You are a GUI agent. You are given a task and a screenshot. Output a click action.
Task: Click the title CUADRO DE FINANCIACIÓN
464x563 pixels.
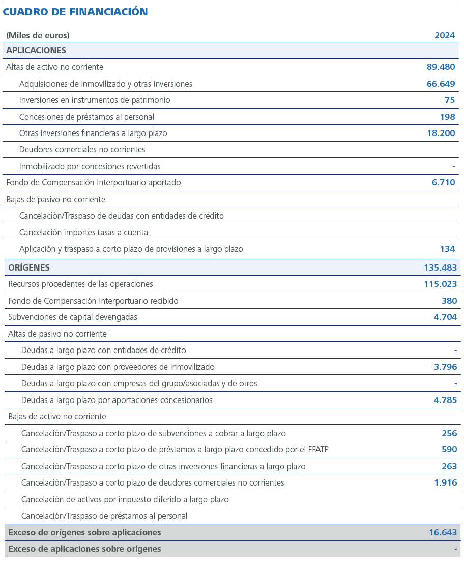(x=75, y=12)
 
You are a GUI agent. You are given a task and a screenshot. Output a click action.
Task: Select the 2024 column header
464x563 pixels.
(x=445, y=35)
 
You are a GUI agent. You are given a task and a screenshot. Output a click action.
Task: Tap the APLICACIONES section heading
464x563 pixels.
(x=36, y=50)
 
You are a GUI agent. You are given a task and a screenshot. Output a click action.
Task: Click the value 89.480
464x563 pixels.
(x=441, y=67)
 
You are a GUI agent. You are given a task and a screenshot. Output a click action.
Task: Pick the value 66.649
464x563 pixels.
(x=441, y=84)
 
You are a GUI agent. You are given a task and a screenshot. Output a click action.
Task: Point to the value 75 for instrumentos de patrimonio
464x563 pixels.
(x=450, y=100)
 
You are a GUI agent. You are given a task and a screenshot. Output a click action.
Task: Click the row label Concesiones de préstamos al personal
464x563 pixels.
(x=86, y=117)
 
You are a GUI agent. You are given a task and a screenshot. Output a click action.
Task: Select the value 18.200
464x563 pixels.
(x=441, y=133)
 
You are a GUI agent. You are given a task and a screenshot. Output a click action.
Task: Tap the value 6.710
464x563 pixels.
(x=443, y=182)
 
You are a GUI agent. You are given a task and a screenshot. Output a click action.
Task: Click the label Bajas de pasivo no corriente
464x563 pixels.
(x=56, y=199)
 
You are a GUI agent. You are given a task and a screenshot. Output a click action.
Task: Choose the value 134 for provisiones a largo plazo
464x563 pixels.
(x=447, y=249)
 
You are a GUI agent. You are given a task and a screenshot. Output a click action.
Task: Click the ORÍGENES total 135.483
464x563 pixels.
(x=440, y=267)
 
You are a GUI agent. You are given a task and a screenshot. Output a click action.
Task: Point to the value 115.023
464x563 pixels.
(x=440, y=284)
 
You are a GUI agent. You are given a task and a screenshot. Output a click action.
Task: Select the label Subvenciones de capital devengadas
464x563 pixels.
(x=73, y=317)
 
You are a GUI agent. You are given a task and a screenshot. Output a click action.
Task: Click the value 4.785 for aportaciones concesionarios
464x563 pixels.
(x=445, y=400)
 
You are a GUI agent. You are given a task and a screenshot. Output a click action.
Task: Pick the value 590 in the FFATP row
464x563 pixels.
(x=449, y=449)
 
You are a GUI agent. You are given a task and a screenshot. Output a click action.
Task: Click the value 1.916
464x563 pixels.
(x=445, y=482)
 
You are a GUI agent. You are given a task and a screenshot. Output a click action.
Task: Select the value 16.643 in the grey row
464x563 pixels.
(x=443, y=532)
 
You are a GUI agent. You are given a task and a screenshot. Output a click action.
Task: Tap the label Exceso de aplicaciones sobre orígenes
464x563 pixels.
(x=84, y=549)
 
